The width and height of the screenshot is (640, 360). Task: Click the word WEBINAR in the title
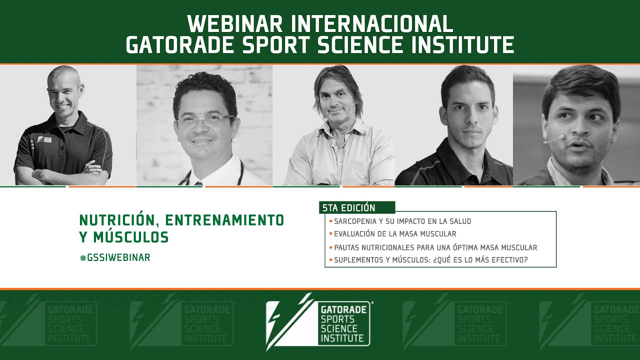[235, 24]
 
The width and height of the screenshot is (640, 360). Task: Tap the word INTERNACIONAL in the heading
[372, 24]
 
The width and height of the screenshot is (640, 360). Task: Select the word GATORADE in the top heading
[180, 44]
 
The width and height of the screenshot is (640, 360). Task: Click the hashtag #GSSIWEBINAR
[115, 257]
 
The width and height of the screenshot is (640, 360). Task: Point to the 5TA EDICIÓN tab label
[348, 207]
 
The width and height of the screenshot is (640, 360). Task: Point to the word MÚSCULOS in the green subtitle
[131, 237]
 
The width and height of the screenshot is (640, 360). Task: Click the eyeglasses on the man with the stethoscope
[205, 119]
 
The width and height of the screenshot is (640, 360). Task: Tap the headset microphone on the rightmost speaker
[554, 139]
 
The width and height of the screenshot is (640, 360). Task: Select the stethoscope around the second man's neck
[212, 174]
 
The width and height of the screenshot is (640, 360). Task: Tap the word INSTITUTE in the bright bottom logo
[342, 338]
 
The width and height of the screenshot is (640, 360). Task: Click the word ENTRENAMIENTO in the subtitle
[224, 220]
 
